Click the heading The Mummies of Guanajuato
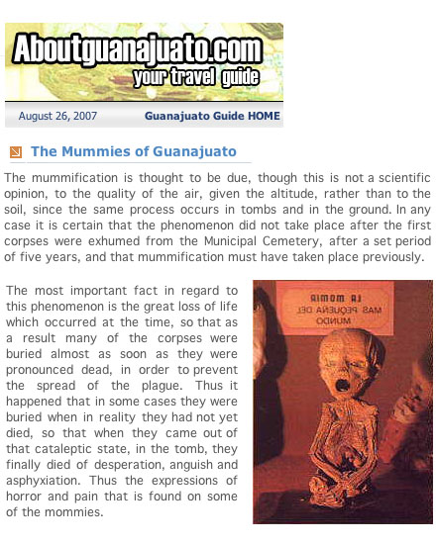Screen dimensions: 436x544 tap(134, 151)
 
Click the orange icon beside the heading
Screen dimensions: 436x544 tap(15, 152)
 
